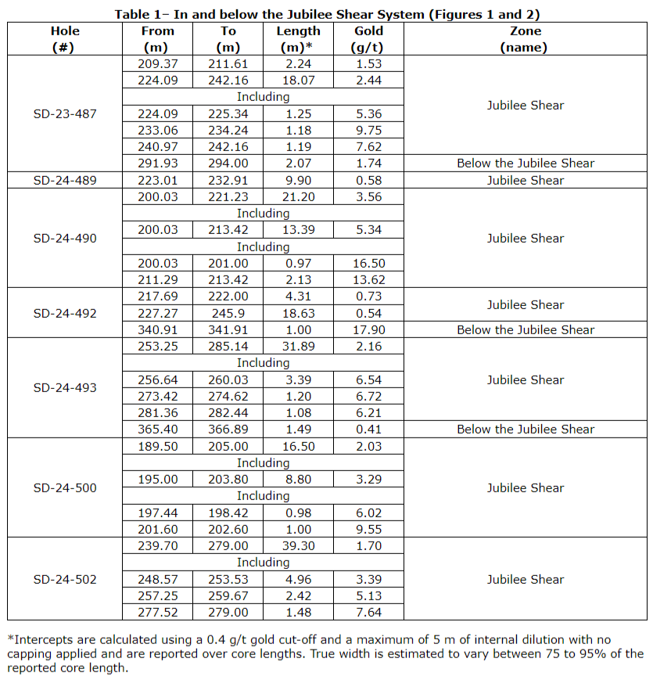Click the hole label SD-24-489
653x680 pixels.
click(66, 180)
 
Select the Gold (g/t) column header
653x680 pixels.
click(368, 38)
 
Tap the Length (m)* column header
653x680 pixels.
click(298, 38)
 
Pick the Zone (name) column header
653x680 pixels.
click(525, 38)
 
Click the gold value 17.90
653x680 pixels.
click(368, 329)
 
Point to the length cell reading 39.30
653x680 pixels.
click(298, 545)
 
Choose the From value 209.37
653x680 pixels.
click(158, 63)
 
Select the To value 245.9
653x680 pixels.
click(228, 313)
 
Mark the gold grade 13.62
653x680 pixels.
click(368, 279)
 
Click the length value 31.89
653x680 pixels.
click(298, 346)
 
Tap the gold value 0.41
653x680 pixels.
click(368, 429)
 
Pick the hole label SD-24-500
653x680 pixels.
click(66, 488)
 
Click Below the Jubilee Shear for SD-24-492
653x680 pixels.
click(525, 329)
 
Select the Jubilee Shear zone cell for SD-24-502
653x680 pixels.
click(525, 579)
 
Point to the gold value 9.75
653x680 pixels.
click(368, 130)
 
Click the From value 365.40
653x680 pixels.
click(158, 429)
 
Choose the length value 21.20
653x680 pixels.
click(298, 196)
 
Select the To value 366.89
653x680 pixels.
click(228, 429)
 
